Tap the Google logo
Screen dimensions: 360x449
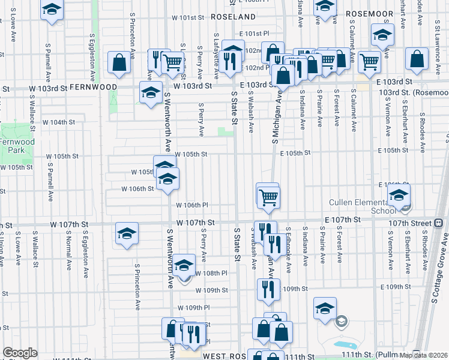point(20,353)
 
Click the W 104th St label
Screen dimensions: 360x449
point(62,122)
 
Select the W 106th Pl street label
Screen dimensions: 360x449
point(192,205)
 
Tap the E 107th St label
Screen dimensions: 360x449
point(343,220)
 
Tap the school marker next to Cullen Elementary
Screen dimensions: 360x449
point(398,195)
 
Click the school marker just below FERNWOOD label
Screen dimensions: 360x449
point(151,92)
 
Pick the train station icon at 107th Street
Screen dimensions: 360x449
point(438,223)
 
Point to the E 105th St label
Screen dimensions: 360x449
point(295,153)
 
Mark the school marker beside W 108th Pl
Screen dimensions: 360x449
point(184,265)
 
